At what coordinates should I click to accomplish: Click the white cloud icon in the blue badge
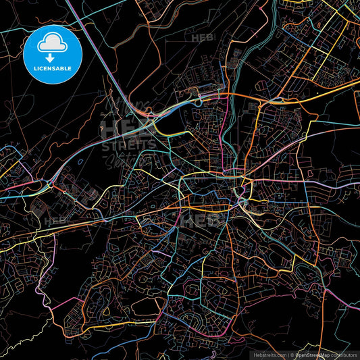52,44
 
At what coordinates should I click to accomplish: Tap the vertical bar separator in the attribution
286,354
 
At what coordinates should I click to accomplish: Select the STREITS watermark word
128,143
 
